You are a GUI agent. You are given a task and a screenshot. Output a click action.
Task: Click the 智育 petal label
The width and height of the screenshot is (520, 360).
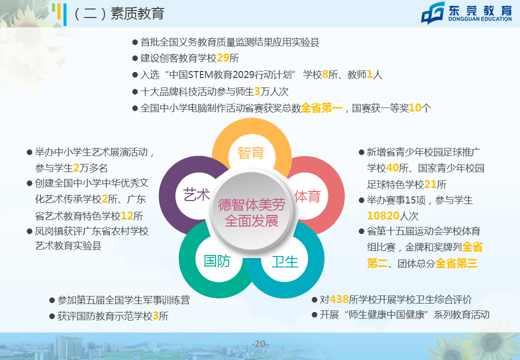pyautogui.click(x=251, y=153)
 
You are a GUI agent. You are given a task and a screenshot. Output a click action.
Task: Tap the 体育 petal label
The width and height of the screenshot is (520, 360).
pyautogui.click(x=307, y=196)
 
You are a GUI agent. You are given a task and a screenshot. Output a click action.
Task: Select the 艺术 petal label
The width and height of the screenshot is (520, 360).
pyautogui.click(x=196, y=194)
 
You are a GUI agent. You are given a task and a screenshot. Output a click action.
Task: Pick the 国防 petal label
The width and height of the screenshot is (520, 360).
pyautogui.click(x=217, y=261)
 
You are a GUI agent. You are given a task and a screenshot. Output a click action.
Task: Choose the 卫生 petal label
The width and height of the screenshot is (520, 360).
pyautogui.click(x=285, y=262)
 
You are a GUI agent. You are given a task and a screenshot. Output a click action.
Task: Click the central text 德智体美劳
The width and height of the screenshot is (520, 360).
pyautogui.click(x=251, y=205)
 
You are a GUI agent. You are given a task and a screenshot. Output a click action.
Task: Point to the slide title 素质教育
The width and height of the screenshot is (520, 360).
pyautogui.click(x=137, y=13)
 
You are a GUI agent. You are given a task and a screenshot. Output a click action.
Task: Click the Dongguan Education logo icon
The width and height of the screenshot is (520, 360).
pyautogui.click(x=433, y=13)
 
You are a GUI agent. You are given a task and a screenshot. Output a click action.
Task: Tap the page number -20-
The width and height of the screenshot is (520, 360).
pyautogui.click(x=260, y=344)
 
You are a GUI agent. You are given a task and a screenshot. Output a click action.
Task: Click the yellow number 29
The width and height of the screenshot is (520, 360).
pyautogui.click(x=223, y=58)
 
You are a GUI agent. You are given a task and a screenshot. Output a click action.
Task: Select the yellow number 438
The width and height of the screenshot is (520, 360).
pyautogui.click(x=339, y=299)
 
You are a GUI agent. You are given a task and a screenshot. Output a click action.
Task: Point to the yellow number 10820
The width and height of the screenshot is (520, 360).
pyautogui.click(x=383, y=216)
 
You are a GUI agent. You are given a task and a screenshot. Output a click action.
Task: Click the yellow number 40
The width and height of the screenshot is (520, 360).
pyautogui.click(x=392, y=167)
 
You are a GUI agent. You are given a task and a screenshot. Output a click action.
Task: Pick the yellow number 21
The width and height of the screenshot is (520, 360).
pyautogui.click(x=430, y=184)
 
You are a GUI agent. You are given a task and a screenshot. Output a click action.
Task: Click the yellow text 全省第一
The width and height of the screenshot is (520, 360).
pyautogui.click(x=321, y=107)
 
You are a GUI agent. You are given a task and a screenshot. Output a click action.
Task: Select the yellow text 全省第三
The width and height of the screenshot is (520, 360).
pyautogui.click(x=456, y=263)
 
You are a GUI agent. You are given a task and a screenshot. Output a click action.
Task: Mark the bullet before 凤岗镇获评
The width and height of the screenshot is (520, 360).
pyautogui.click(x=29, y=231)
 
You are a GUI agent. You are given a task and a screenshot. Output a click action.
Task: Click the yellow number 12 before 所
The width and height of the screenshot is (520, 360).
pyautogui.click(x=127, y=216)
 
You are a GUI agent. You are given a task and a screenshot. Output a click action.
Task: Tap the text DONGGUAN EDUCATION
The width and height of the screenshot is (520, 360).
pyautogui.click(x=480, y=19)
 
